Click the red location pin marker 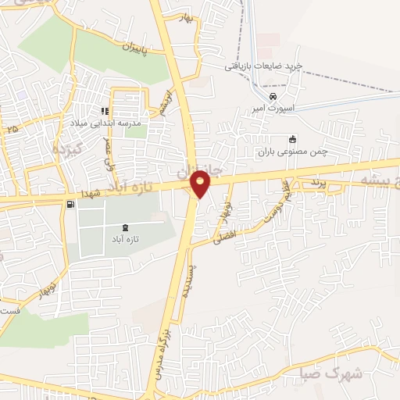(201, 184)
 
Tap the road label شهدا (91, 192)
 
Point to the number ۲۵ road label (11, 128)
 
